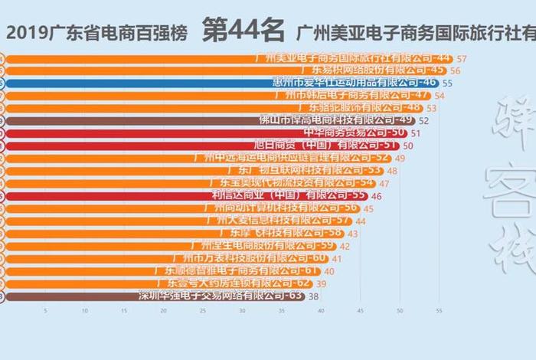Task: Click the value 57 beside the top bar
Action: (x=461, y=58)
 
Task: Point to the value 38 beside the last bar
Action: (x=314, y=296)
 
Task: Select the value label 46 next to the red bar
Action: (x=376, y=196)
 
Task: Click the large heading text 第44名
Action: (x=243, y=31)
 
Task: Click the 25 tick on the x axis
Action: (x=202, y=311)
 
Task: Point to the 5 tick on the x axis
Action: (x=45, y=311)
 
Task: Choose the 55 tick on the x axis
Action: (x=439, y=311)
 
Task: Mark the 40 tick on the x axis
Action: (x=321, y=311)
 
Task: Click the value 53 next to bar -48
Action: (x=432, y=108)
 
